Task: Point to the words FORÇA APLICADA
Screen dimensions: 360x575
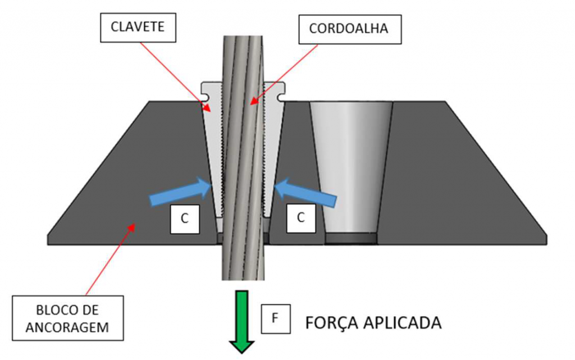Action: (373, 323)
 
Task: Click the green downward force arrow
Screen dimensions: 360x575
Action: (242, 320)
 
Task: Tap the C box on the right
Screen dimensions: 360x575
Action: (301, 219)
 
